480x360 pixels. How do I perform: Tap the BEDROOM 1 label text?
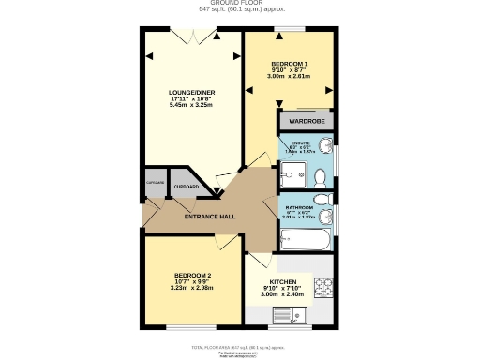(x=289, y=64)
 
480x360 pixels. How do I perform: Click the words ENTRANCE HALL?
(x=209, y=217)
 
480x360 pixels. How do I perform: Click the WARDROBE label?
(x=306, y=122)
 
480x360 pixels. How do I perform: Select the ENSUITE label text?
(x=300, y=143)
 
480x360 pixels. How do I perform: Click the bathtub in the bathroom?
(x=303, y=240)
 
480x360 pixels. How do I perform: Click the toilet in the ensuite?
(x=323, y=145)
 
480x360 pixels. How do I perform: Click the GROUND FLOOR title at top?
(x=243, y=4)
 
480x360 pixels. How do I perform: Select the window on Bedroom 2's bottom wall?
(x=192, y=326)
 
